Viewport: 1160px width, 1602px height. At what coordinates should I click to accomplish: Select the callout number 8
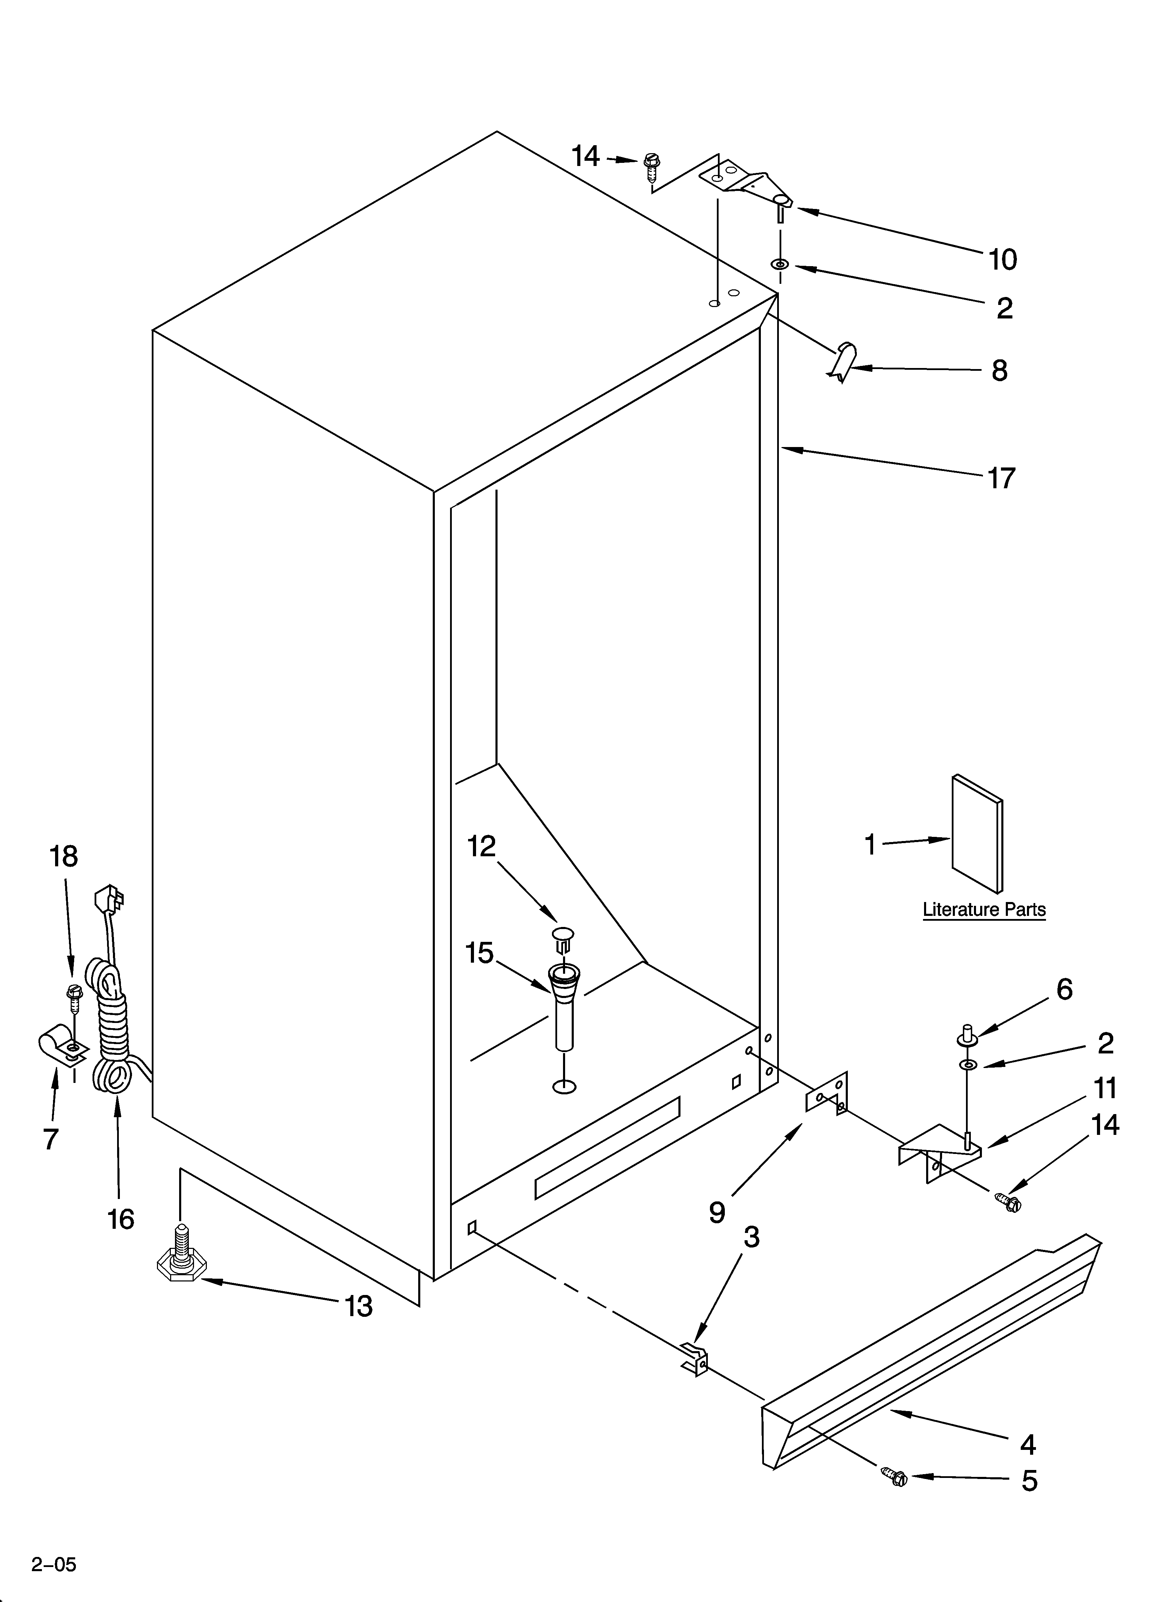click(x=999, y=370)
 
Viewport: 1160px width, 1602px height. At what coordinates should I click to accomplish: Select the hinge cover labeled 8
click(x=843, y=360)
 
